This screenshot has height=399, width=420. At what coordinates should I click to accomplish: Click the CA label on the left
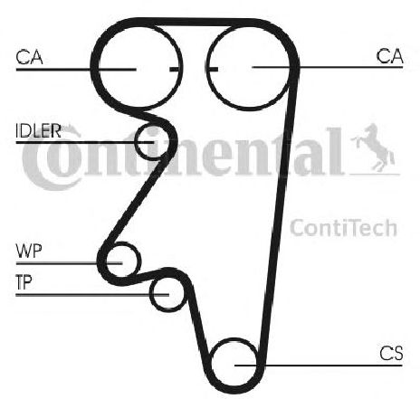click(29, 57)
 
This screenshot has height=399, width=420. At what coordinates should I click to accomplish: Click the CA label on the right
click(389, 56)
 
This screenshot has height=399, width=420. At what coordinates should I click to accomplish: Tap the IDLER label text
click(38, 131)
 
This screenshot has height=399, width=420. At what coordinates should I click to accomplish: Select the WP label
click(29, 252)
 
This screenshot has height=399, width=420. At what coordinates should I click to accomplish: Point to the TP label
click(24, 282)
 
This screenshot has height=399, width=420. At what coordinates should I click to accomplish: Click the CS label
click(391, 353)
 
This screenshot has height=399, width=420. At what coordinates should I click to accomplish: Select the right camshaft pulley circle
click(207, 68)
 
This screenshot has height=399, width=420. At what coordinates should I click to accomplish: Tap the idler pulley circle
click(136, 143)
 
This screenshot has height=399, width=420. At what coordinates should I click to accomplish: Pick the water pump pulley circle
click(140, 260)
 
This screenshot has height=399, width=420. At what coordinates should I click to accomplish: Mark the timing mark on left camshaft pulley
click(176, 70)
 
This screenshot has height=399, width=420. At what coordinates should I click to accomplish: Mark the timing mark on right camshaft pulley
click(213, 70)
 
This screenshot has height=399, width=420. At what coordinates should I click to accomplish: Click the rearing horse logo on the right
click(373, 147)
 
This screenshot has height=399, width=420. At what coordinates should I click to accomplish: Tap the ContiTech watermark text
click(343, 228)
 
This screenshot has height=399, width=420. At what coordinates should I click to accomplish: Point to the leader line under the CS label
click(319, 366)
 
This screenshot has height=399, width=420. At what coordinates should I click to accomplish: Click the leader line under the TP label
click(92, 295)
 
